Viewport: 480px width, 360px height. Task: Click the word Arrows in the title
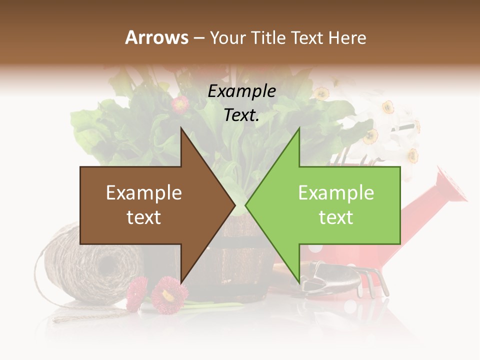click(x=156, y=37)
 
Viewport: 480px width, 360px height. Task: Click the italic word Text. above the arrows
click(x=241, y=115)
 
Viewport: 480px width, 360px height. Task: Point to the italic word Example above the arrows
click(x=241, y=91)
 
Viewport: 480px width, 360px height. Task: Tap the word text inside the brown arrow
click(x=143, y=217)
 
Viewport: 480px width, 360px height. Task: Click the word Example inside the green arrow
click(x=336, y=193)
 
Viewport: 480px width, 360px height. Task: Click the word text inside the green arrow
click(x=336, y=217)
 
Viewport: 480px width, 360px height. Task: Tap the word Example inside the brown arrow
click(x=143, y=193)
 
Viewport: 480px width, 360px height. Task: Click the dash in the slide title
click(x=198, y=38)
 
